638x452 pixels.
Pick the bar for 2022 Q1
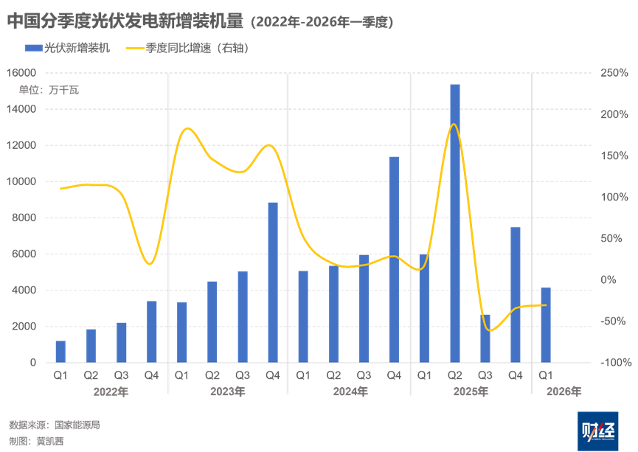click(x=60, y=352)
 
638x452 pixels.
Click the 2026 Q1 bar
click(x=546, y=324)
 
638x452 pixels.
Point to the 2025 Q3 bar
click(x=485, y=338)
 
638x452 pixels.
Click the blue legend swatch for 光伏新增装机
click(x=34, y=49)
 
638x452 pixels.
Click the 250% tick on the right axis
click(x=614, y=73)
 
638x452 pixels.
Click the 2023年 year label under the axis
click(x=227, y=392)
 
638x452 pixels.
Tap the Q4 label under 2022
click(x=151, y=376)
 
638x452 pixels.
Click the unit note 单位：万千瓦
click(x=49, y=90)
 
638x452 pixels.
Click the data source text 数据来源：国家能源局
click(x=54, y=425)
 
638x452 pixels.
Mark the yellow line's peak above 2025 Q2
click(x=454, y=124)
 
